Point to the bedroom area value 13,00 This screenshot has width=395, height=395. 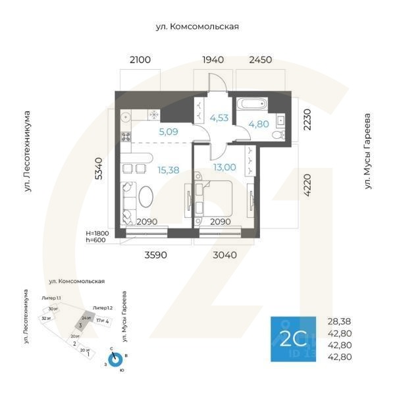coord(224,167)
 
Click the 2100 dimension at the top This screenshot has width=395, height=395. coord(140,60)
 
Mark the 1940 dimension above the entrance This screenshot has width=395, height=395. coord(213,60)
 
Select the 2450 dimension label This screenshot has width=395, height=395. coord(260,60)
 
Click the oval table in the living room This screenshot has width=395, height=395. coord(147,198)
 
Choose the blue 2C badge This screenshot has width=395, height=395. coord(293,339)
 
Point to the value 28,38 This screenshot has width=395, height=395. coord(340,322)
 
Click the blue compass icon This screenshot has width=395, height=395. coord(116,359)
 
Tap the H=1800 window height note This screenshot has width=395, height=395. coord(98,233)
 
